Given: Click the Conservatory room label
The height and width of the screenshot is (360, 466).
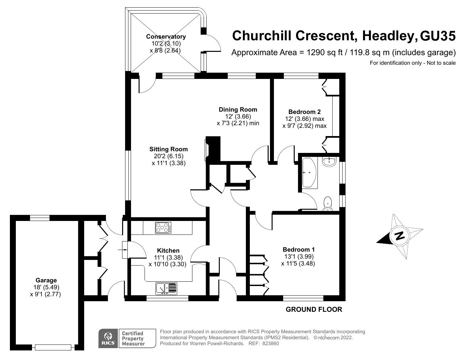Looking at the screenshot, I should click(x=166, y=37).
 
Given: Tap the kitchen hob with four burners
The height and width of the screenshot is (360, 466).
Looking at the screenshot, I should click(x=163, y=228).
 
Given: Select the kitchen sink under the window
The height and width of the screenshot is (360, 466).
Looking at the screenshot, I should click(x=166, y=288).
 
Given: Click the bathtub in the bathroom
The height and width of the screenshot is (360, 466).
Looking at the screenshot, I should click(x=309, y=173).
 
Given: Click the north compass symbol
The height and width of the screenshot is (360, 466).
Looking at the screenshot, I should click(x=400, y=236).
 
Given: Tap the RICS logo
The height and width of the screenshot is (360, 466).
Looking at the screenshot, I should click(x=108, y=338).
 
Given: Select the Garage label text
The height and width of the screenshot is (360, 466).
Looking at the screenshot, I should click(x=46, y=280).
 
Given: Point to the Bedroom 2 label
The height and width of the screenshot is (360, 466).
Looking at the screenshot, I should click(x=304, y=112).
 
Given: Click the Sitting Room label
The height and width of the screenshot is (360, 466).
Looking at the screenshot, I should click(x=168, y=149).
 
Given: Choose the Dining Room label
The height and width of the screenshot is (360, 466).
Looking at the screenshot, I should click(x=238, y=110).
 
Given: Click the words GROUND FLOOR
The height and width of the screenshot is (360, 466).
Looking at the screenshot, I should click(x=314, y=309).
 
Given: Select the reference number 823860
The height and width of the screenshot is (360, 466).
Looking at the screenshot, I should click(x=270, y=343).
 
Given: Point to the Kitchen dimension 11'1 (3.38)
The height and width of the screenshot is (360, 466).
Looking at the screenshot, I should click(x=168, y=258).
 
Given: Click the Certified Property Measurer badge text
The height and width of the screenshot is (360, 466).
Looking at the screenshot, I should click(x=133, y=339).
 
